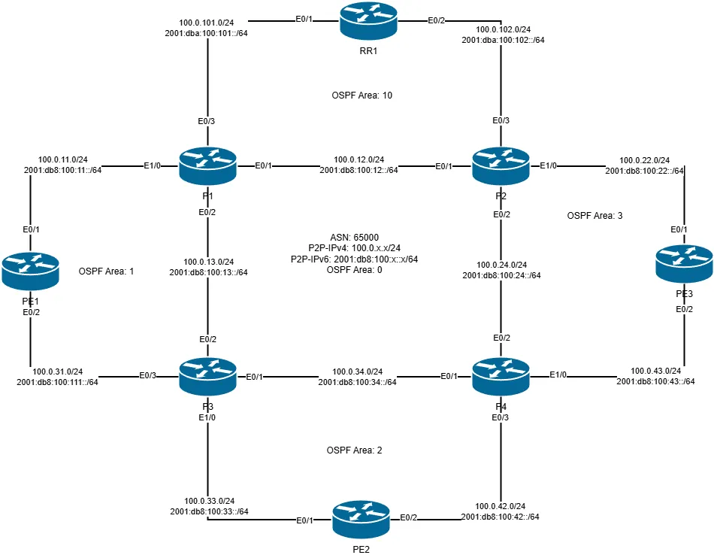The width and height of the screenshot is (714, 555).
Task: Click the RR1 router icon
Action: coord(366,20)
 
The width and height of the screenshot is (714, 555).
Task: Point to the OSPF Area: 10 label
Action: coord(362,96)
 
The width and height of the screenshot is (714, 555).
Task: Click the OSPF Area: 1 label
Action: coord(106,271)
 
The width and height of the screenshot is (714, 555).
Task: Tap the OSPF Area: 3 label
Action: coord(594,216)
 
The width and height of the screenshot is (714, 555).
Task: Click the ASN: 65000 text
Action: coord(353,237)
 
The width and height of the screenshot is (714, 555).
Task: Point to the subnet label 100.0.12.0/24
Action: coord(359,159)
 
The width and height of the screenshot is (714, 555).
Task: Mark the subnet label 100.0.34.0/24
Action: coord(357,372)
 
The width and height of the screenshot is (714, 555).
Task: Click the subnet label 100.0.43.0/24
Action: coord(655,372)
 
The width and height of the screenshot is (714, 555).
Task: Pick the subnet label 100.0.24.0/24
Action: coord(501,265)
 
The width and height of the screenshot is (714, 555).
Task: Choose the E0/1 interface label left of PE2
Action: coord(304,520)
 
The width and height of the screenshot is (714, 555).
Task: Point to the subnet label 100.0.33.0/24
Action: coord(209,501)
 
